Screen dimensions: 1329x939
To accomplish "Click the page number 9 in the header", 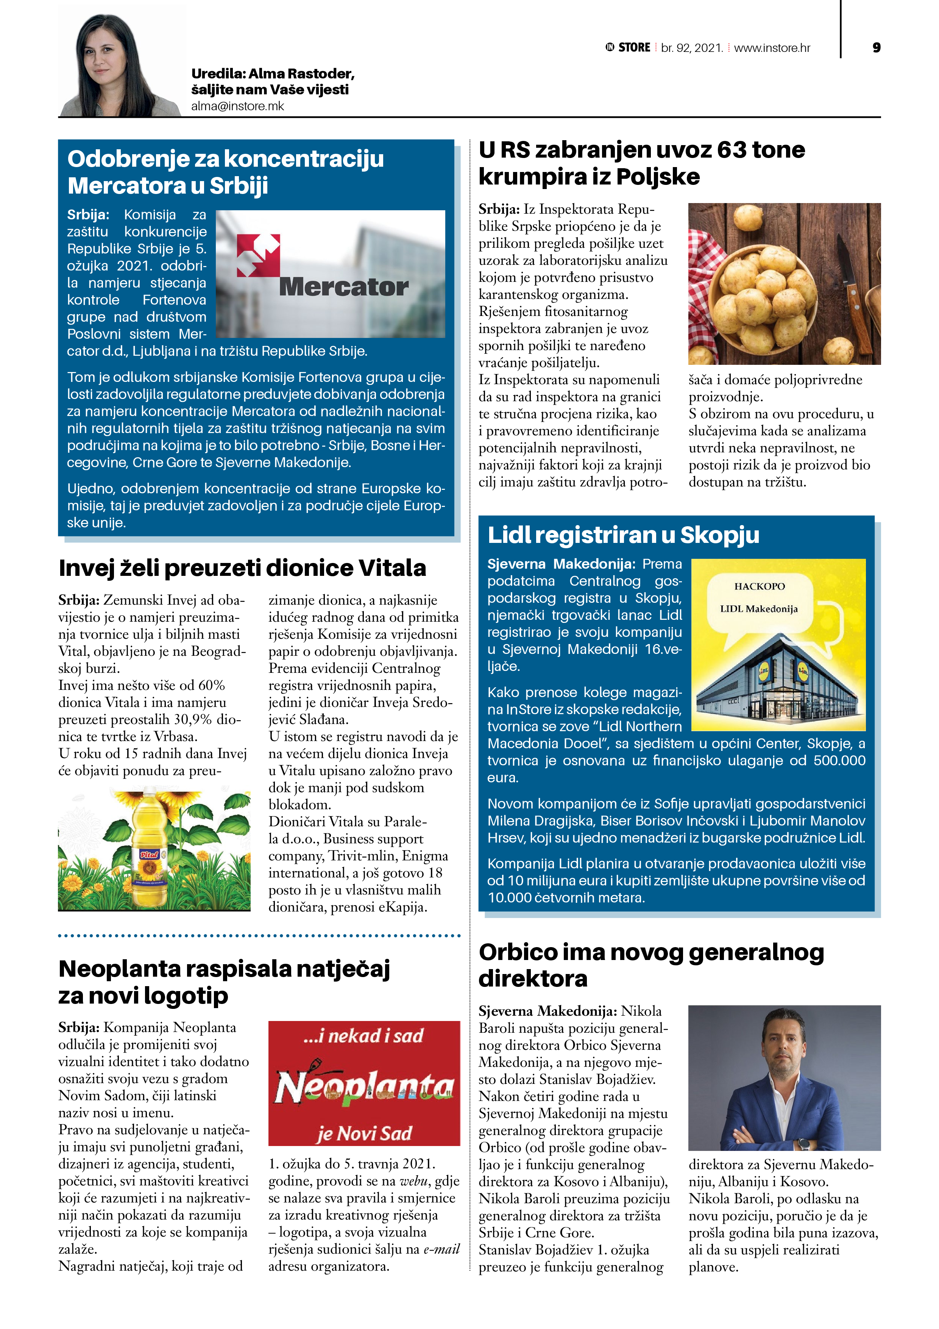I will coord(876,47).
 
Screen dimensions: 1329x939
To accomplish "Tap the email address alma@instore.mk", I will coord(238,106).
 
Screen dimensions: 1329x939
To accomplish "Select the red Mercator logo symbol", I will coord(258,255).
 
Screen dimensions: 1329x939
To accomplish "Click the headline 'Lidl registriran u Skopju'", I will coord(623,535).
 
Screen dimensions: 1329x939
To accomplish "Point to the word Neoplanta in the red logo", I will coord(364,1087).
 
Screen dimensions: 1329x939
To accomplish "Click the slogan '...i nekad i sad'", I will coord(363,1035).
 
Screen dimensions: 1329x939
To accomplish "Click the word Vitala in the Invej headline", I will coord(392,568).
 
